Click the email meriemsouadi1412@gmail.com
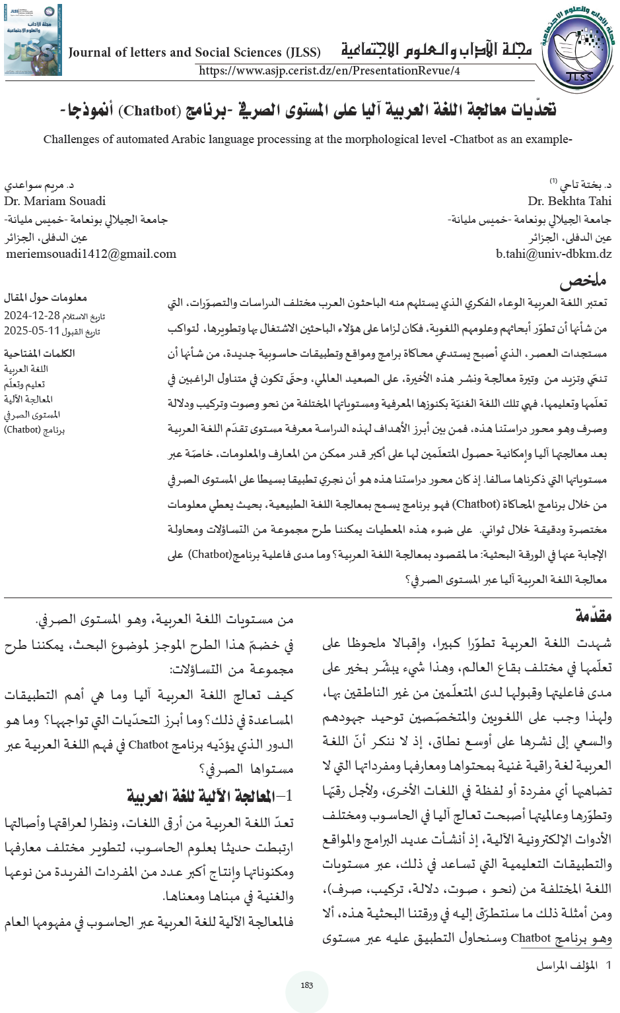(91, 254)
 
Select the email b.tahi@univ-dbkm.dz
(553, 254)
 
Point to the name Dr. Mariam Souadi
(55, 201)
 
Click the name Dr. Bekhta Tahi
(569, 201)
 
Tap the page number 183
(306, 985)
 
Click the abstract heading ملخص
(583, 282)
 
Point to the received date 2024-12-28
(32, 316)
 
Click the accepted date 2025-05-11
(32, 331)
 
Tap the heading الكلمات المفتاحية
(39, 353)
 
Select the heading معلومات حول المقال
(45, 298)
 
